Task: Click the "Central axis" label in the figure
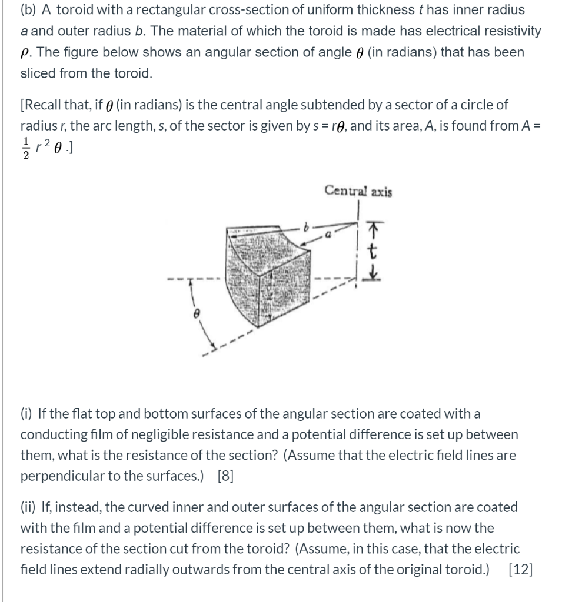pos(358,191)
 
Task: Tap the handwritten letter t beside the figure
pos(371,253)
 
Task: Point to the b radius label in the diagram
pos(305,225)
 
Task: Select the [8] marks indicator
pos(225,476)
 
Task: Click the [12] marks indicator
pos(519,570)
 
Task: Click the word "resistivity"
pos(511,31)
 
